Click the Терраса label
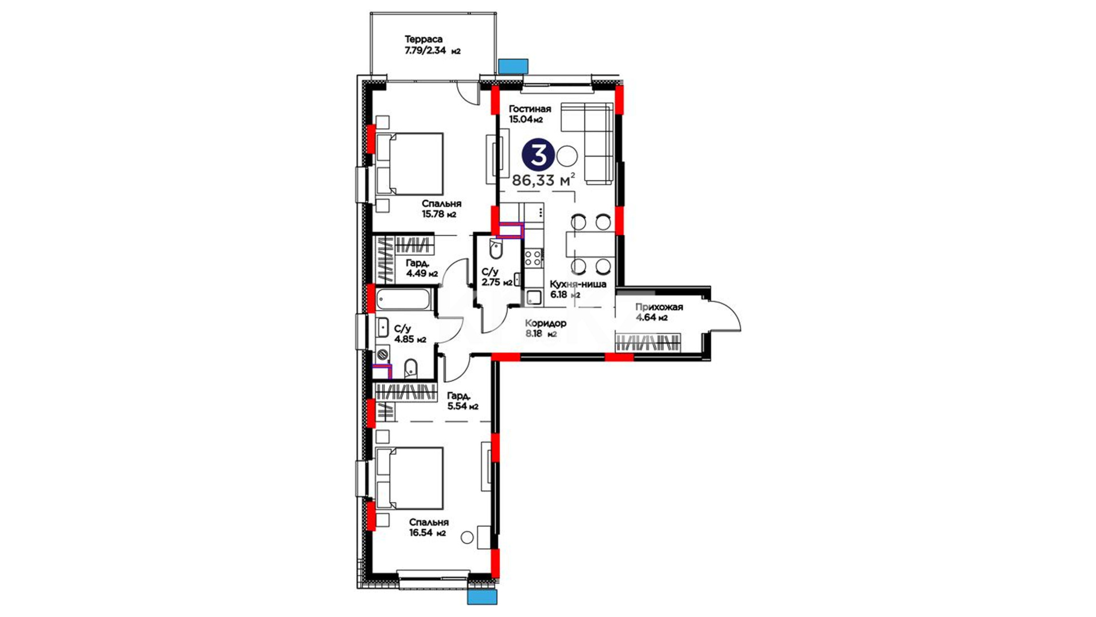424,39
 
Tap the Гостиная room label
530,109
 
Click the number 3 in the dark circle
538,155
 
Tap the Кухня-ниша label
578,284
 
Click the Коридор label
546,323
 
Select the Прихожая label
659,307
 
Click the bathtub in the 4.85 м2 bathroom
403,299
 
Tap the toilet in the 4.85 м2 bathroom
411,369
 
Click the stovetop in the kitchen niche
533,258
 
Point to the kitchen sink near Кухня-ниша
534,297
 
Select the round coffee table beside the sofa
567,155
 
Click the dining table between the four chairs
590,244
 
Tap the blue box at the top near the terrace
513,66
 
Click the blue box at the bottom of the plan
482,597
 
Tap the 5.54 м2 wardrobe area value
462,406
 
